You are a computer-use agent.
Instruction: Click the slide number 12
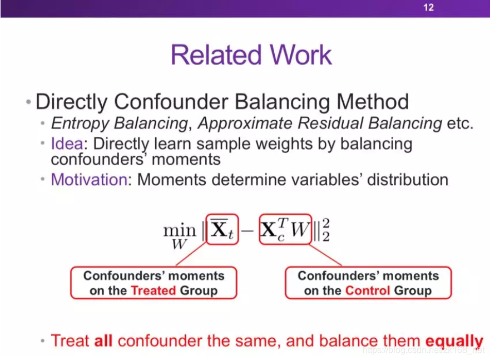point(429,7)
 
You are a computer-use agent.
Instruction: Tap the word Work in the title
point(301,55)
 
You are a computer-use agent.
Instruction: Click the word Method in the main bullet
point(373,102)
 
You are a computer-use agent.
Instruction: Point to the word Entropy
point(80,124)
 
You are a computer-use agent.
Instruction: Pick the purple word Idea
point(67,144)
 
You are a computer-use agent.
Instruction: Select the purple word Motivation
point(90,180)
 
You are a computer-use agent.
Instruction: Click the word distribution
point(408,180)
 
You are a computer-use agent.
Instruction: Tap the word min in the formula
point(180,230)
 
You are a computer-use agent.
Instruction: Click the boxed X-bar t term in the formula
point(222,229)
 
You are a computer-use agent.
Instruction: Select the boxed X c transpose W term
point(285,229)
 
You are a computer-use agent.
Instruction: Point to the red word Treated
point(154,290)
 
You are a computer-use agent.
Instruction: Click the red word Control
point(368,290)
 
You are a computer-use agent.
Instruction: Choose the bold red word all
point(103,341)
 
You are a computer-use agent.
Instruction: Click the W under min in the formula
point(179,244)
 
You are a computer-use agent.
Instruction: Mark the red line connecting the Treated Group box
point(192,254)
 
